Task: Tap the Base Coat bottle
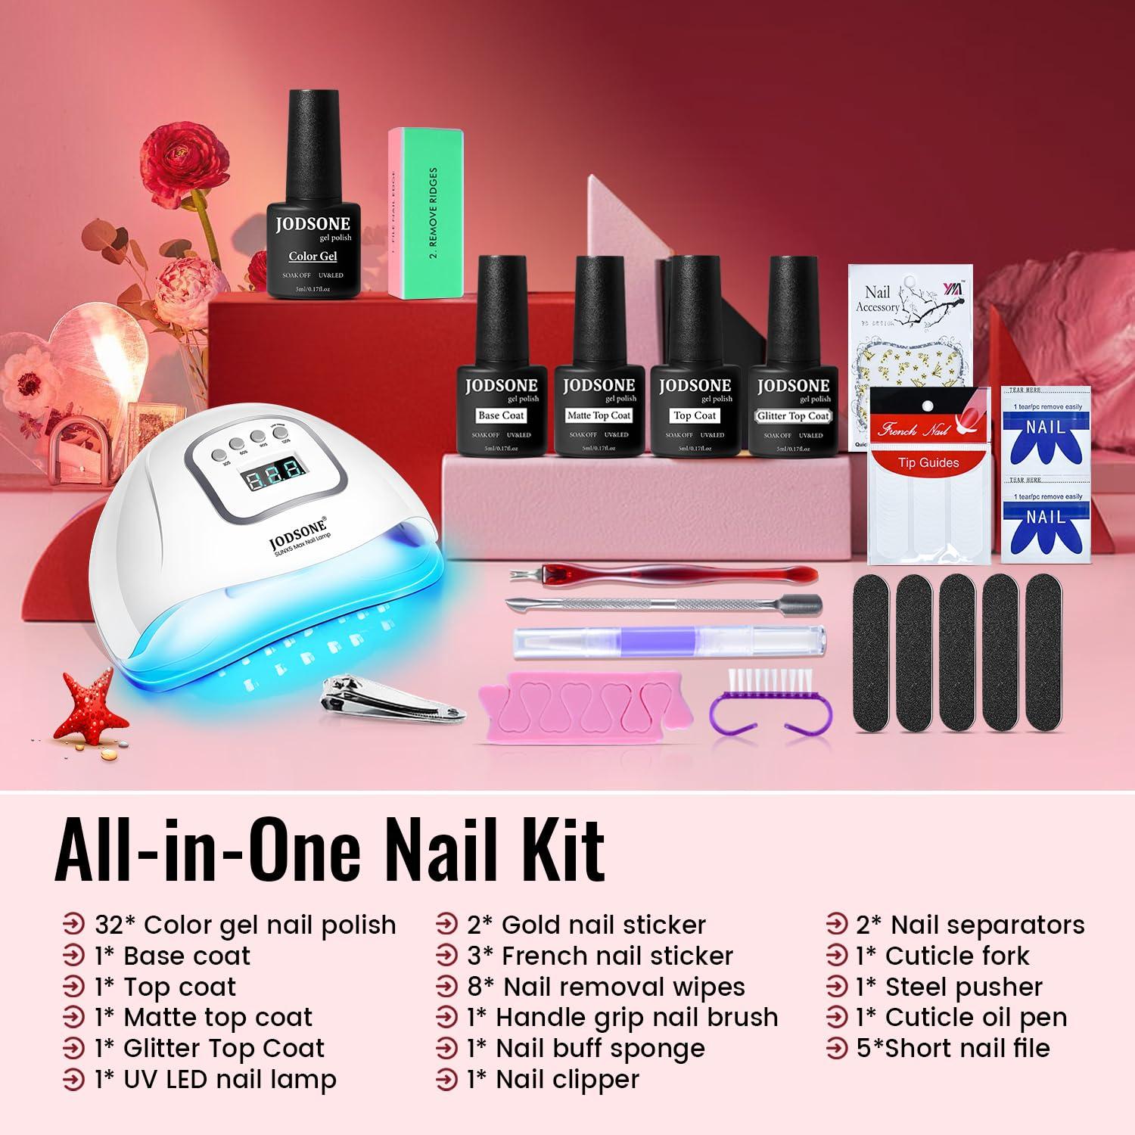(x=501, y=363)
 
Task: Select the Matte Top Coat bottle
(x=599, y=363)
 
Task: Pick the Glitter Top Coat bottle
(x=792, y=363)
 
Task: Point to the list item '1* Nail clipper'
(x=553, y=1080)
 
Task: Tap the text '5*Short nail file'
(x=953, y=1049)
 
